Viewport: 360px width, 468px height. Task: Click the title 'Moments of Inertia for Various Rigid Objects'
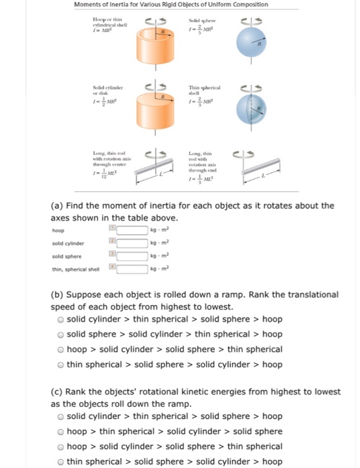point(171,5)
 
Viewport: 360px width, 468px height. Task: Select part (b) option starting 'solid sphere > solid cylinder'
point(60,334)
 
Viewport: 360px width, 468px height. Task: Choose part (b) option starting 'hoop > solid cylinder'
point(60,349)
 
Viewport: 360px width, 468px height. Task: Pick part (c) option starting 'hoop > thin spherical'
point(60,432)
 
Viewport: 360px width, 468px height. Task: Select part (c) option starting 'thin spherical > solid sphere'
point(60,461)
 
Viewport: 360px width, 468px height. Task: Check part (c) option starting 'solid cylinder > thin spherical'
point(60,417)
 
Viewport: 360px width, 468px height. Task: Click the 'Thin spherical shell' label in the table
point(203,90)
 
